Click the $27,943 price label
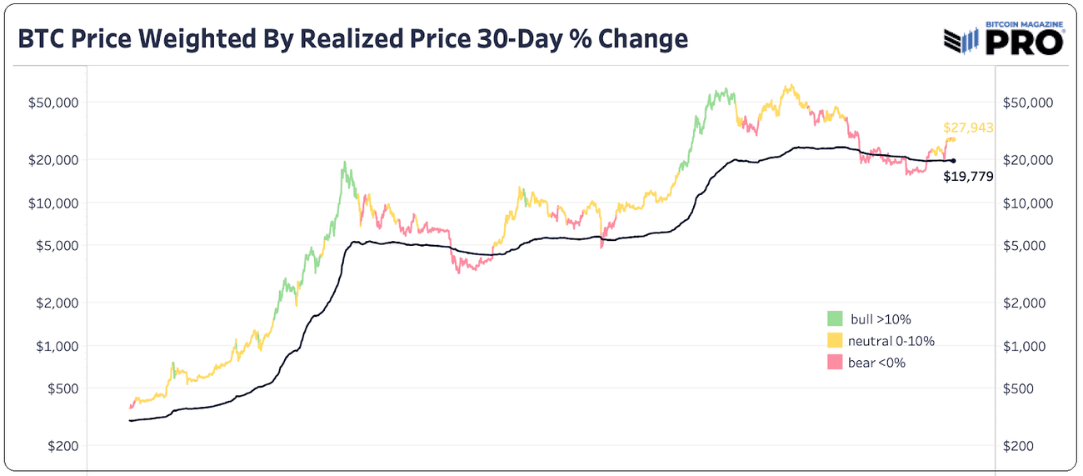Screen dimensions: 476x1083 click(968, 128)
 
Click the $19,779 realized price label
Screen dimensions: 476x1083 click(968, 176)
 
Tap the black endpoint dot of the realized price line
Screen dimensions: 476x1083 click(953, 161)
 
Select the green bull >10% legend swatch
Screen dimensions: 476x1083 click(835, 318)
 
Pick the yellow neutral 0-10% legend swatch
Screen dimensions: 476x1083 click(835, 340)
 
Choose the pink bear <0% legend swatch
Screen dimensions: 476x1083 click(835, 362)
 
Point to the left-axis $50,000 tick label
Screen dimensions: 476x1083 click(53, 103)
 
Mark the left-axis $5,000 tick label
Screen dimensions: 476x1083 click(56, 245)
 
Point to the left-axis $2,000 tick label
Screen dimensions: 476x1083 click(56, 303)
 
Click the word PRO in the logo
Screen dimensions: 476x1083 click(1025, 43)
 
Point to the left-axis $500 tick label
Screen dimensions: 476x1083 click(59, 388)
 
